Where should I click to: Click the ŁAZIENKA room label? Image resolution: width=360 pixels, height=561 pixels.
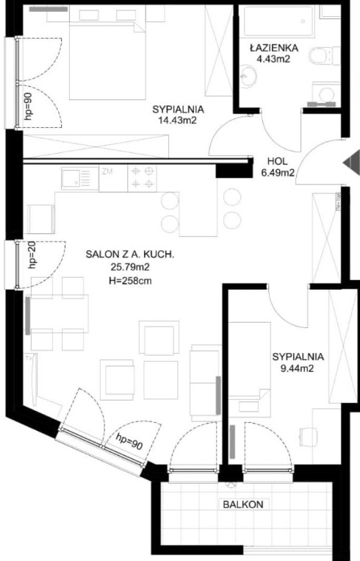click(274, 47)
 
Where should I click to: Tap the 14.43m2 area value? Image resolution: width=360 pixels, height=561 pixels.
click(178, 121)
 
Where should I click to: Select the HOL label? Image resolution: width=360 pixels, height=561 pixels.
click(278, 161)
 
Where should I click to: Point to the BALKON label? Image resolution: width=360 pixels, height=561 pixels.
click(243, 504)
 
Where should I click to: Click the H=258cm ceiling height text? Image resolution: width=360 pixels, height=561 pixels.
click(130, 281)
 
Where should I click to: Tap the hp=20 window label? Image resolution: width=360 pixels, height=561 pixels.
click(32, 255)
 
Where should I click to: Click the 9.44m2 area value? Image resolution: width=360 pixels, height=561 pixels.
click(297, 368)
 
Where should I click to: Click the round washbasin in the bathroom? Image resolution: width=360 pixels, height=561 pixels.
click(248, 76)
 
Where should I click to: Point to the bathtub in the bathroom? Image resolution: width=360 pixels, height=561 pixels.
click(279, 21)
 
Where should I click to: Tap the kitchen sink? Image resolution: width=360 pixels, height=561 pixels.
click(76, 179)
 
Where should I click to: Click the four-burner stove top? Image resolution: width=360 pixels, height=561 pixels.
click(142, 178)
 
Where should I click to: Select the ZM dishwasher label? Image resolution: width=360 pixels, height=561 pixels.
click(107, 171)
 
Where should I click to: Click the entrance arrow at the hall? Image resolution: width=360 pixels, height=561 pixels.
click(351, 162)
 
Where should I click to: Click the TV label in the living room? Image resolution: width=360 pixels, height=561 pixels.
click(29, 357)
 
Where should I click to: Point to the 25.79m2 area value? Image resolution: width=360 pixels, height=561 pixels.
click(130, 267)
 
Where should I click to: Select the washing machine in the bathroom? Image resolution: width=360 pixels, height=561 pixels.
click(326, 94)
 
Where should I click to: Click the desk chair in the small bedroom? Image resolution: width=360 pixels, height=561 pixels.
click(309, 436)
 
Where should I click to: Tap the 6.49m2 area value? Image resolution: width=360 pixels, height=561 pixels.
click(278, 174)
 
